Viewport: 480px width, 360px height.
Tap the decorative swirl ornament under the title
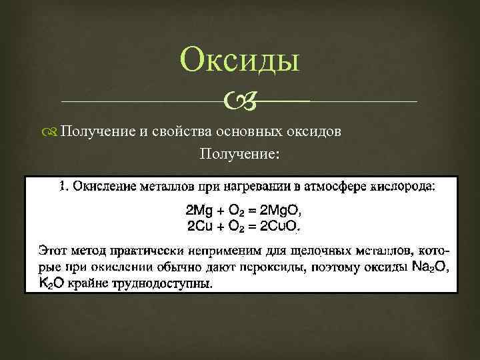(239, 102)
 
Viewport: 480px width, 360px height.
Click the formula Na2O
(429, 267)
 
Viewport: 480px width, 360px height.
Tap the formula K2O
(51, 283)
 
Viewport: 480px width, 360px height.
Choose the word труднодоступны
(164, 283)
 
